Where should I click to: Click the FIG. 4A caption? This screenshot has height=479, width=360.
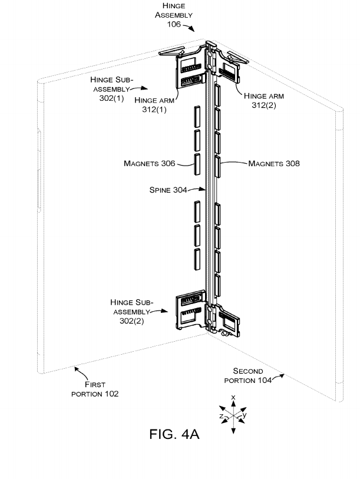click(x=174, y=434)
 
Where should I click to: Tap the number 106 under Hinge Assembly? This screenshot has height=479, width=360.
click(x=174, y=24)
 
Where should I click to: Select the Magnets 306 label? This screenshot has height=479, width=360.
click(x=150, y=163)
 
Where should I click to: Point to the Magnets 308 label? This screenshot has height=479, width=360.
click(x=274, y=163)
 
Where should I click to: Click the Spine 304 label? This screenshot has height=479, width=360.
click(x=168, y=190)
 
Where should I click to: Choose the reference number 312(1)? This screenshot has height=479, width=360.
click(x=154, y=110)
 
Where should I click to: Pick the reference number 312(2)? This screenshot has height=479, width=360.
click(x=264, y=105)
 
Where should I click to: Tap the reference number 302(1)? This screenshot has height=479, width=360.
click(x=111, y=98)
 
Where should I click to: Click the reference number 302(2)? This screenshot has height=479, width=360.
click(x=132, y=321)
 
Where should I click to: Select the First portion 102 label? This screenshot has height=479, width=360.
click(x=95, y=389)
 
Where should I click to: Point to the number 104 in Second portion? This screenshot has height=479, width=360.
click(x=265, y=381)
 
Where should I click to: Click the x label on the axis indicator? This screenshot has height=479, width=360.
click(x=233, y=397)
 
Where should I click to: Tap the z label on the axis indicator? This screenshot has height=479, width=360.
click(x=222, y=416)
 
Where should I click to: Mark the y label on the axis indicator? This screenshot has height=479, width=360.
click(x=245, y=415)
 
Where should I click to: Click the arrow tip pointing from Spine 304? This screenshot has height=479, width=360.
click(x=206, y=190)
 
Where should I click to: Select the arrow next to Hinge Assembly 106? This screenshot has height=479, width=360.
click(x=189, y=28)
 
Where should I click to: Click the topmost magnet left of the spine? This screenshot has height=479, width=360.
click(x=197, y=117)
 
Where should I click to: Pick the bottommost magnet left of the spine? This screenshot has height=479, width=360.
click(x=197, y=259)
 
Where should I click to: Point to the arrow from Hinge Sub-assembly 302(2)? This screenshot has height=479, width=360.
click(x=159, y=310)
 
